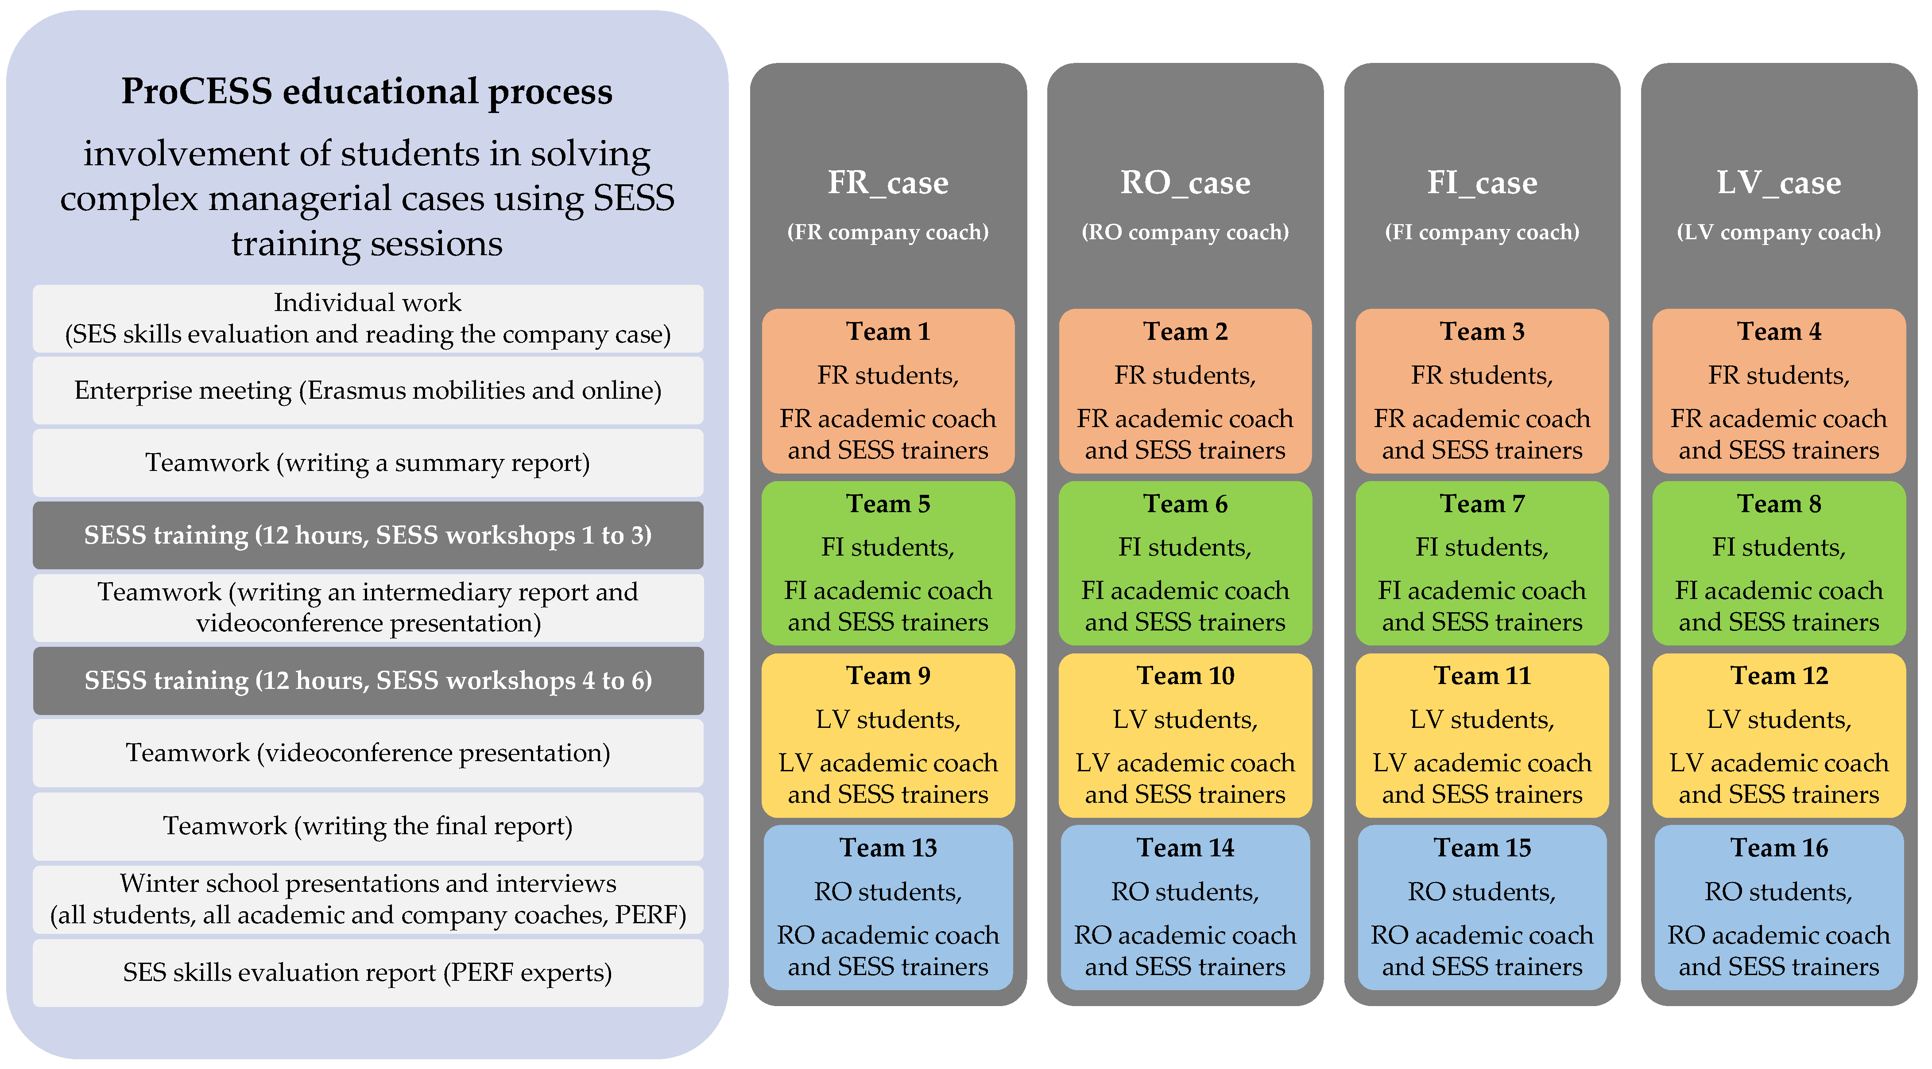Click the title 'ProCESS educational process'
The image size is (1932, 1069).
[x=367, y=92]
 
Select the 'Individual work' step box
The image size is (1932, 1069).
[x=368, y=318]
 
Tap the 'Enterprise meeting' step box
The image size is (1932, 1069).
[x=368, y=390]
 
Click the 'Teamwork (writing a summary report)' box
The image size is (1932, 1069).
[x=368, y=462]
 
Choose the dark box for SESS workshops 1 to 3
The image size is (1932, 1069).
[x=368, y=535]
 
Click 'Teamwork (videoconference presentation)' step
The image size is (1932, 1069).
[x=368, y=752]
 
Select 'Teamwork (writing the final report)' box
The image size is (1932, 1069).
[x=368, y=825]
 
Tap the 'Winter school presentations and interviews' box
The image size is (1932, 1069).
[x=368, y=899]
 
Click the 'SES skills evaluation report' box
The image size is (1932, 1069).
[x=368, y=972]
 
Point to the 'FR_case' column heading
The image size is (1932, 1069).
[x=888, y=182]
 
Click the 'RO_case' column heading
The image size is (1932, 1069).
[x=1185, y=182]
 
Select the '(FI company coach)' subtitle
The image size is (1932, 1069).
[x=1482, y=232]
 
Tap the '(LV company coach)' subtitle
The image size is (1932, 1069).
[x=1779, y=232]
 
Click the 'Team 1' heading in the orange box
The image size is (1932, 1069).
[x=888, y=331]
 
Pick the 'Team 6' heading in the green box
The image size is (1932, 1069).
[x=1185, y=503]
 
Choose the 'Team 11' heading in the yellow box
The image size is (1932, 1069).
[x=1482, y=675]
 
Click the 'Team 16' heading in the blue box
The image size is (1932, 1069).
[x=1779, y=847]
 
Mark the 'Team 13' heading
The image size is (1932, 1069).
[x=888, y=847]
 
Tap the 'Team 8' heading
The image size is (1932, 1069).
[x=1779, y=503]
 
